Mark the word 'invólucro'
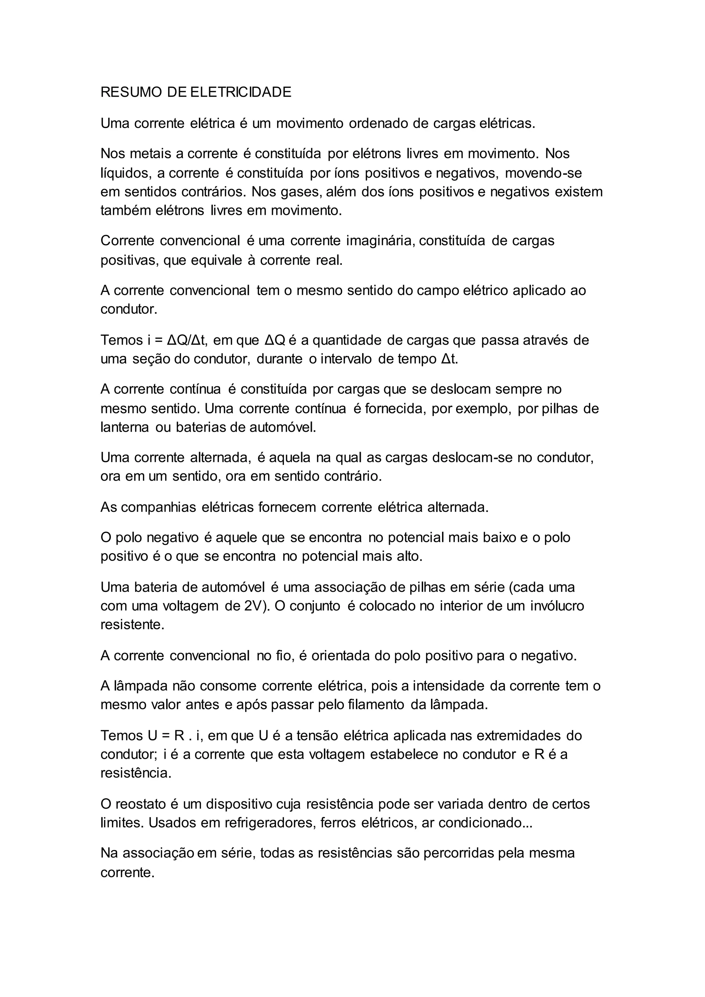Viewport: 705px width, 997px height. (x=557, y=606)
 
